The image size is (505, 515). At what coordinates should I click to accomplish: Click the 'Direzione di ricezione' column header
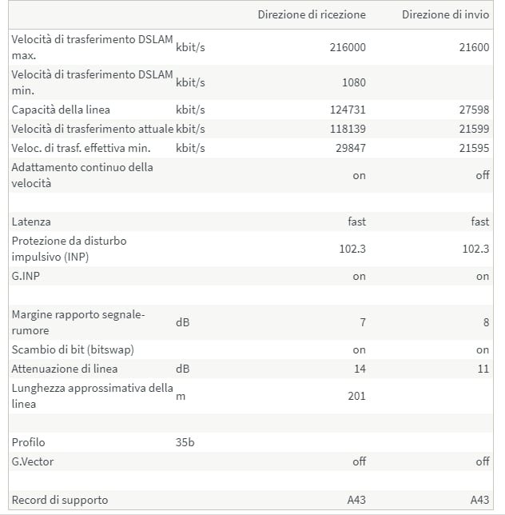click(312, 14)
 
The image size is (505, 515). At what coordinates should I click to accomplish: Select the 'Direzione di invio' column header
click(445, 14)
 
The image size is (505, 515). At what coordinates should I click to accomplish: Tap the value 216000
click(348, 47)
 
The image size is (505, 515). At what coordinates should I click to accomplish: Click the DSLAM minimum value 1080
click(352, 82)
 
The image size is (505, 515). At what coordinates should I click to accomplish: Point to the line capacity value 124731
click(348, 110)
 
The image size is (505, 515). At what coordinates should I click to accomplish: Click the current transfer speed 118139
click(348, 129)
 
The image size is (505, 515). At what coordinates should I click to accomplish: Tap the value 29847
click(350, 148)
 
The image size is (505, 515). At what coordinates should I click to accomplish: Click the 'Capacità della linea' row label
click(61, 110)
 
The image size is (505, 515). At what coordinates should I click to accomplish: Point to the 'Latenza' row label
click(31, 222)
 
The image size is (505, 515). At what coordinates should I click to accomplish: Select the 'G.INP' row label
click(27, 276)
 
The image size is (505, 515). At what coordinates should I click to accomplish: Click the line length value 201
click(357, 396)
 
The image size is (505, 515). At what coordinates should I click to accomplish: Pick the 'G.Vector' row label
click(33, 461)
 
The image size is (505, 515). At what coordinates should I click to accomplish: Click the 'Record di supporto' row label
click(60, 500)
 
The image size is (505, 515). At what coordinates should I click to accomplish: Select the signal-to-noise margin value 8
click(485, 322)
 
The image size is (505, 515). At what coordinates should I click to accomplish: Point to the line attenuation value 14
click(360, 369)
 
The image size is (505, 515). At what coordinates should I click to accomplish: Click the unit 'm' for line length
click(180, 396)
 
